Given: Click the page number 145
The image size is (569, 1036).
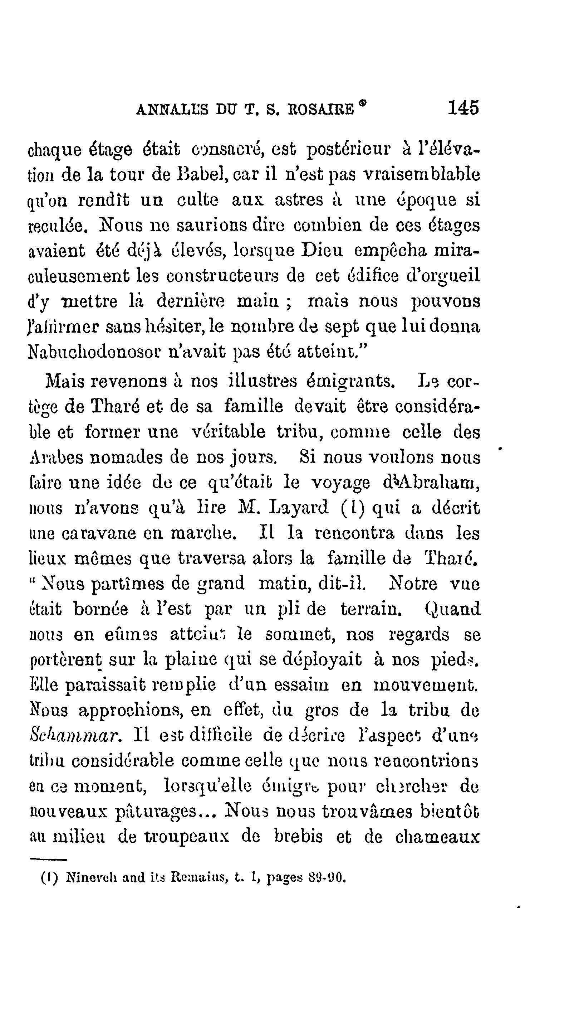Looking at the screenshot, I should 463,108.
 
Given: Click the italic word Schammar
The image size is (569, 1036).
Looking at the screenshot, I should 75,736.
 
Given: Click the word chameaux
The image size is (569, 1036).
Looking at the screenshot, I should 438,837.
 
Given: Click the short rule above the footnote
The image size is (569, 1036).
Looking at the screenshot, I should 48,860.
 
